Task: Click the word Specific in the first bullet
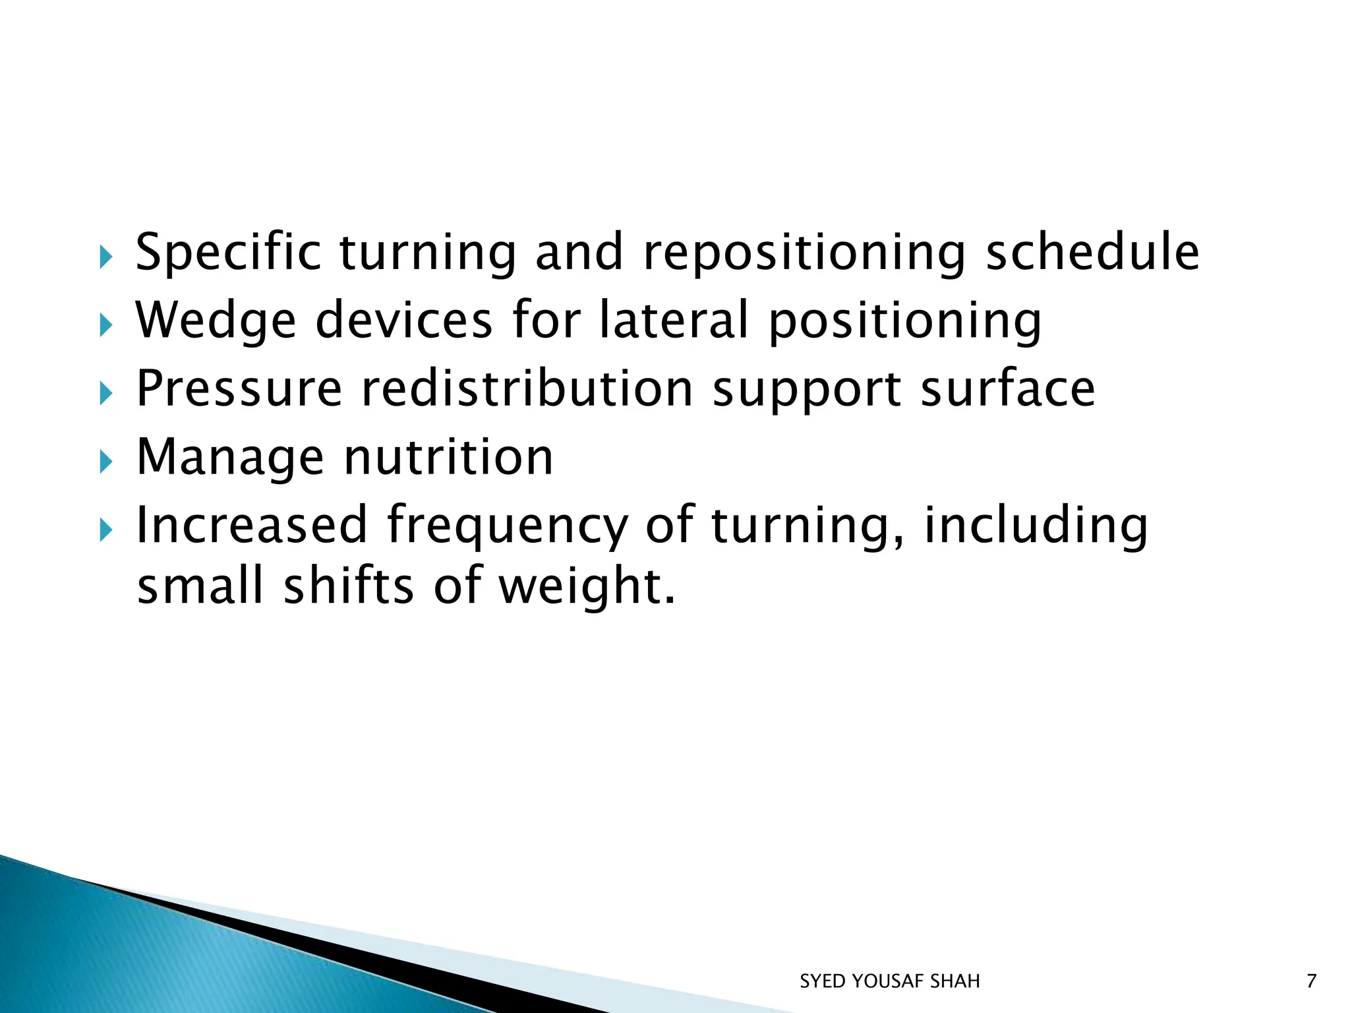[228, 253]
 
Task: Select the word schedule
[1092, 253]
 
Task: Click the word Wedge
[216, 321]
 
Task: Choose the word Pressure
[239, 389]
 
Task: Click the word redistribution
[528, 389]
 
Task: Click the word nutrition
[449, 457]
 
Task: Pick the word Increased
[251, 526]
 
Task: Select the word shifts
[348, 587]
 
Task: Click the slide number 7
[1311, 981]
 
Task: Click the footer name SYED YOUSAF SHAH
[889, 981]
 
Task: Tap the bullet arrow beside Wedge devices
[105, 325]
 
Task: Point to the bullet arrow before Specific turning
[105, 257]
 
